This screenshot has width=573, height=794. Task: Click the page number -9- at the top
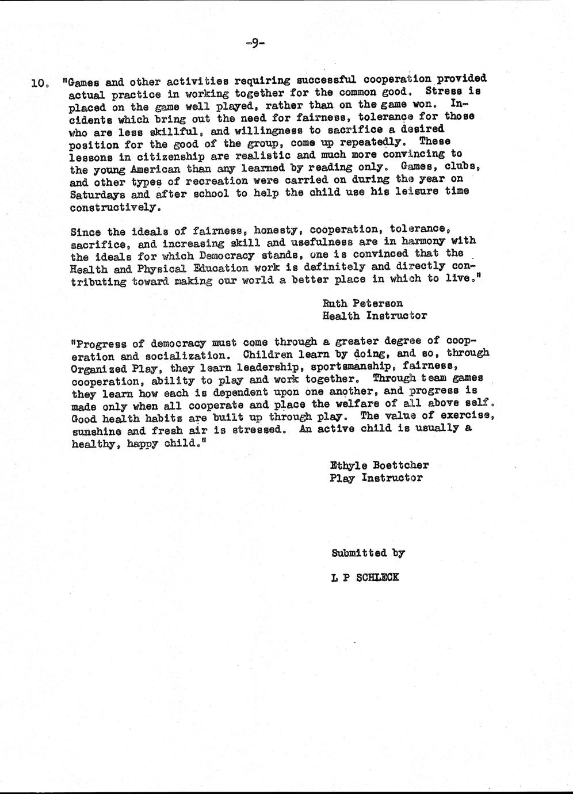254,43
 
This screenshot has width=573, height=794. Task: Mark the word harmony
425,242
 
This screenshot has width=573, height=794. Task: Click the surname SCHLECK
377,577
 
